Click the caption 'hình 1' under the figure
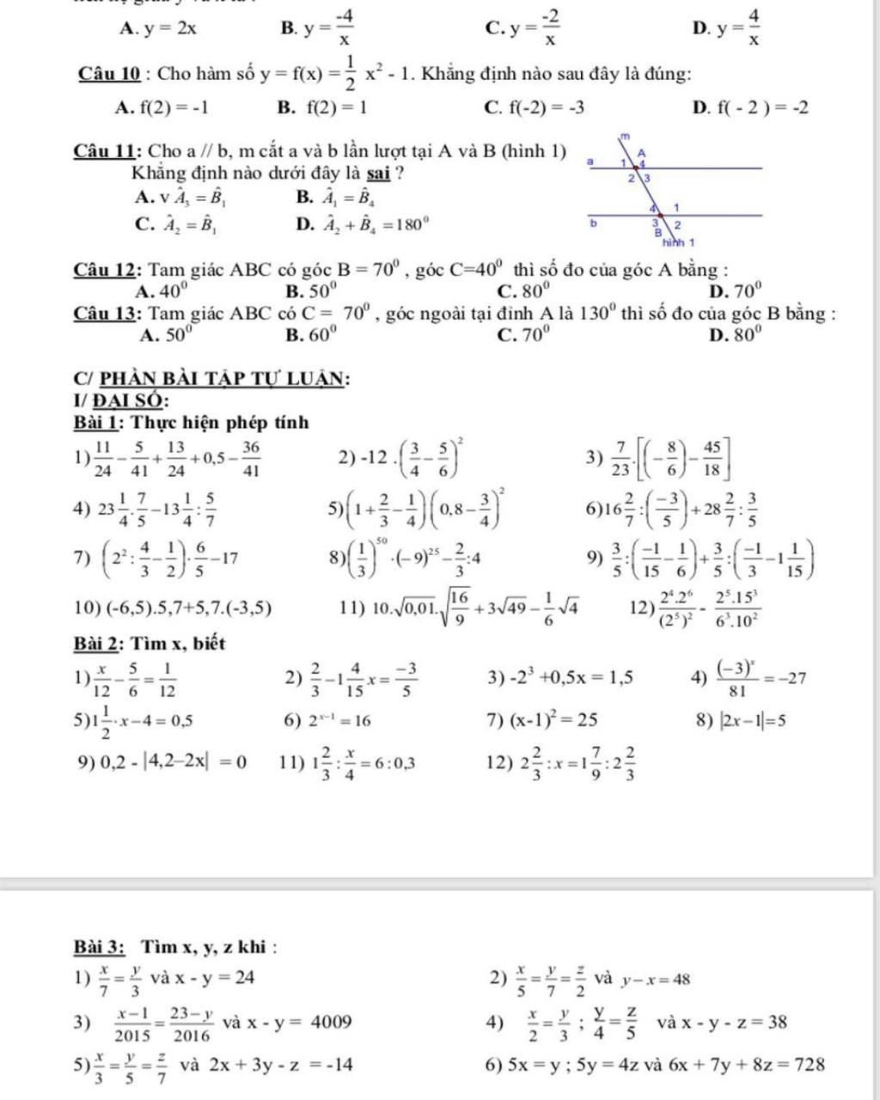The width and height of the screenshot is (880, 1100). (x=678, y=242)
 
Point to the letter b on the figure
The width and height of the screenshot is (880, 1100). (x=592, y=222)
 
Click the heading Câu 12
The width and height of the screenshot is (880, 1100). (x=108, y=271)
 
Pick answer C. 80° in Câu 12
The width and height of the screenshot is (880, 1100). (x=520, y=291)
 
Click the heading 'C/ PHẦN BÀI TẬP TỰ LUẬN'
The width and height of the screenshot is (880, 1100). (x=211, y=377)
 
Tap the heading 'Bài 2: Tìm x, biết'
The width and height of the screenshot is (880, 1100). (x=150, y=643)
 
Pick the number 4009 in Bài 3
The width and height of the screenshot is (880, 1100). (x=331, y=1022)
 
